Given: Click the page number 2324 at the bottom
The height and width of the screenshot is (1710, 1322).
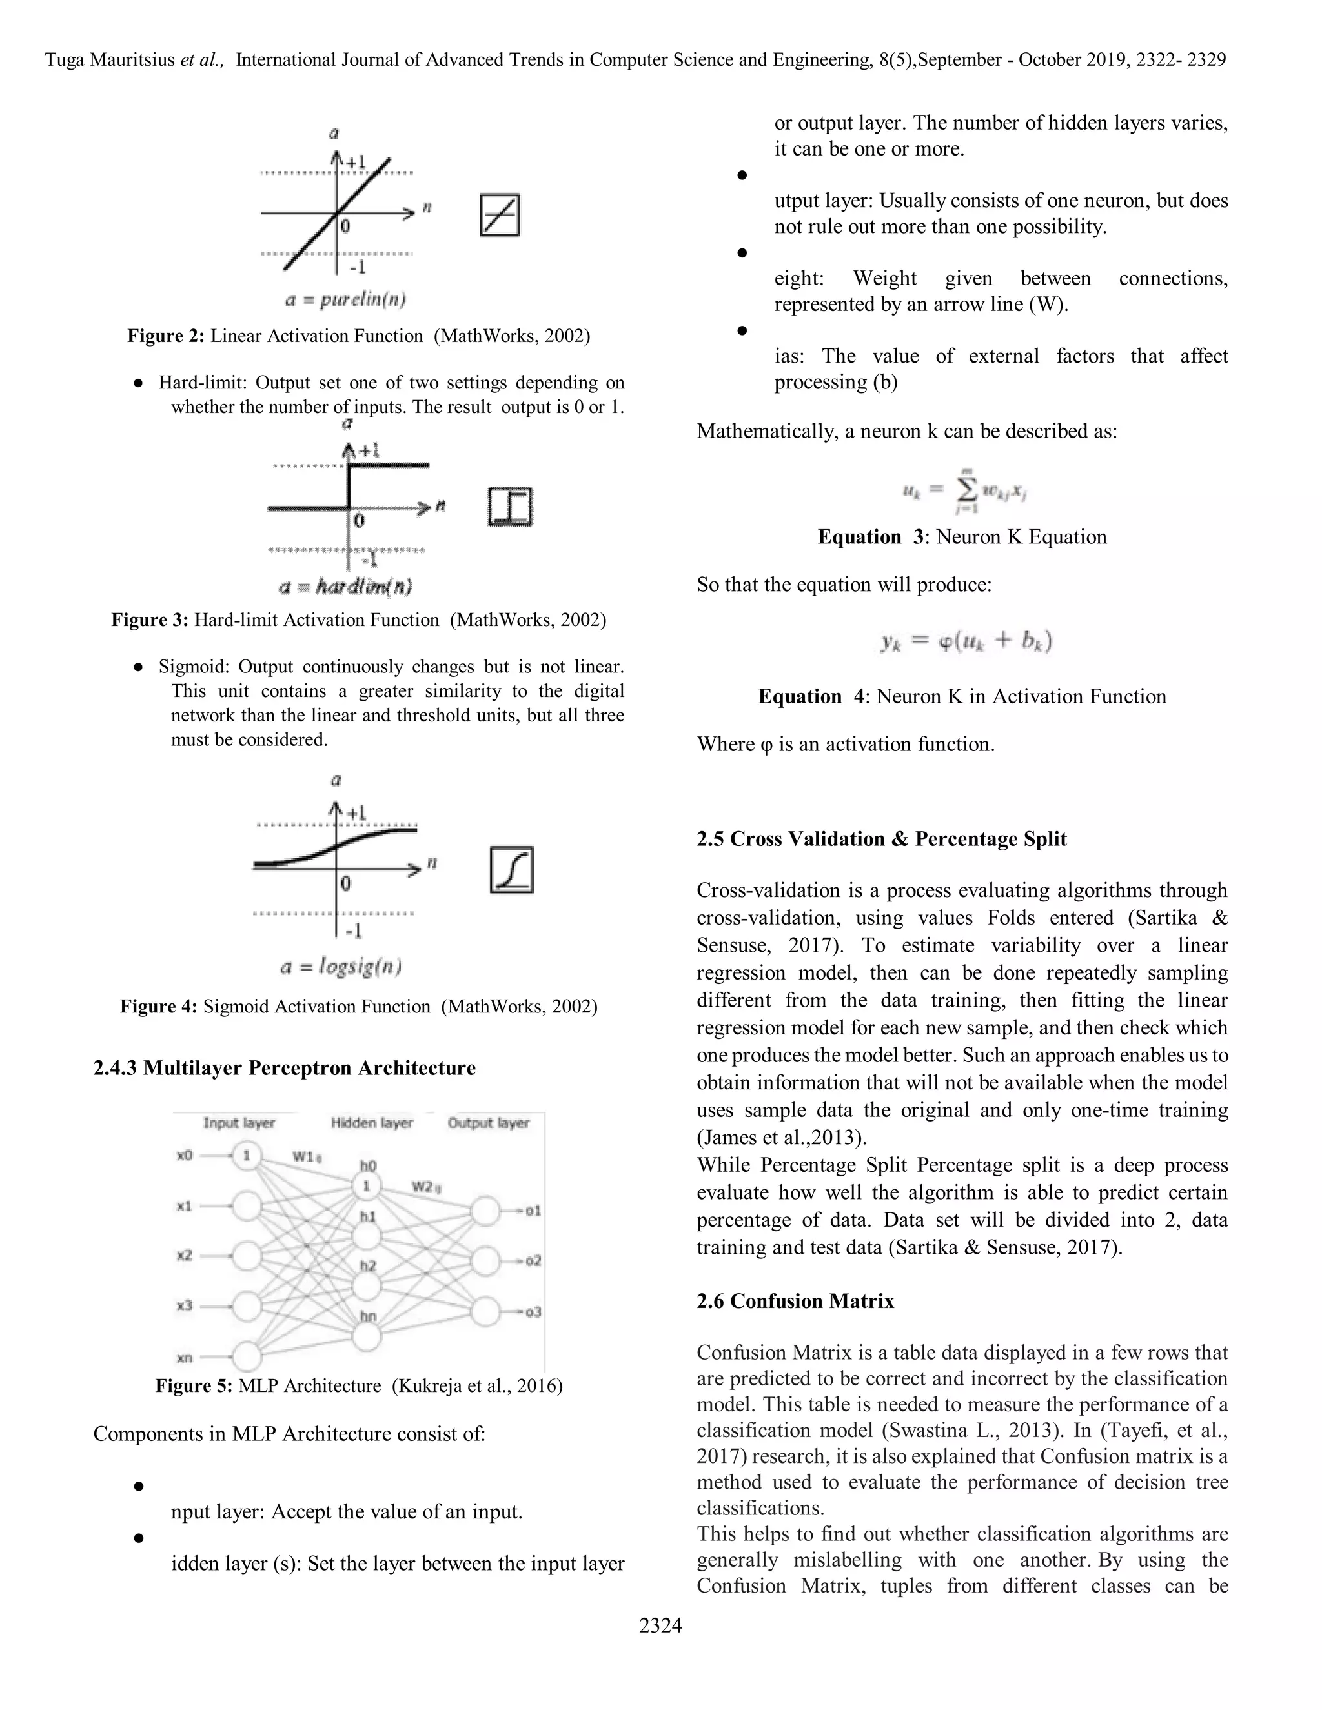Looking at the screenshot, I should pyautogui.click(x=660, y=1625).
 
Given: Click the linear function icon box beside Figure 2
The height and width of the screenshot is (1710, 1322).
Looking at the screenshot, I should pyautogui.click(x=500, y=216).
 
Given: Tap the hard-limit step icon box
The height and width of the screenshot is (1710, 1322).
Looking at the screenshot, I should pyautogui.click(x=511, y=507).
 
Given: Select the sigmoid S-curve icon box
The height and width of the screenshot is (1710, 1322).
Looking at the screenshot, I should pyautogui.click(x=511, y=869).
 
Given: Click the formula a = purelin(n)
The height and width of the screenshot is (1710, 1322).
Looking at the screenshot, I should pyautogui.click(x=345, y=299).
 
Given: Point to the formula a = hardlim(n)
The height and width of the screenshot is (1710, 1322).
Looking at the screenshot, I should pyautogui.click(x=345, y=586).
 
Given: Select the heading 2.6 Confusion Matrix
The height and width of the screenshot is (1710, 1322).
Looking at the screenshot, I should pyautogui.click(x=795, y=1300).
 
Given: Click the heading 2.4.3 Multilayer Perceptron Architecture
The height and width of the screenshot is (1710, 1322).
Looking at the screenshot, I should pyautogui.click(x=284, y=1068).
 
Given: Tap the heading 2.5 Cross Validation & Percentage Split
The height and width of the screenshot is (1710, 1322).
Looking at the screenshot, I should pyautogui.click(x=881, y=839).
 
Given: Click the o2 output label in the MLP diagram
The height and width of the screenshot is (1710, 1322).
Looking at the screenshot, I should pyautogui.click(x=533, y=1261).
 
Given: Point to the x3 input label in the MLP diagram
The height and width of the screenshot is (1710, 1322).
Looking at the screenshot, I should pyautogui.click(x=185, y=1305).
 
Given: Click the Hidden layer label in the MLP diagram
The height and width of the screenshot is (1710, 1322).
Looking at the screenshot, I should pyautogui.click(x=371, y=1123).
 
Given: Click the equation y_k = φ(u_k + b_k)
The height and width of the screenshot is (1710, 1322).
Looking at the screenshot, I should pyautogui.click(x=965, y=642).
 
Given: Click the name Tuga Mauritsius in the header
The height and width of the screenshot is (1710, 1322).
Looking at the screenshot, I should pyautogui.click(x=110, y=60).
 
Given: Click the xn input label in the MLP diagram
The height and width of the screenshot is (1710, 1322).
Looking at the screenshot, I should pyautogui.click(x=185, y=1357).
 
